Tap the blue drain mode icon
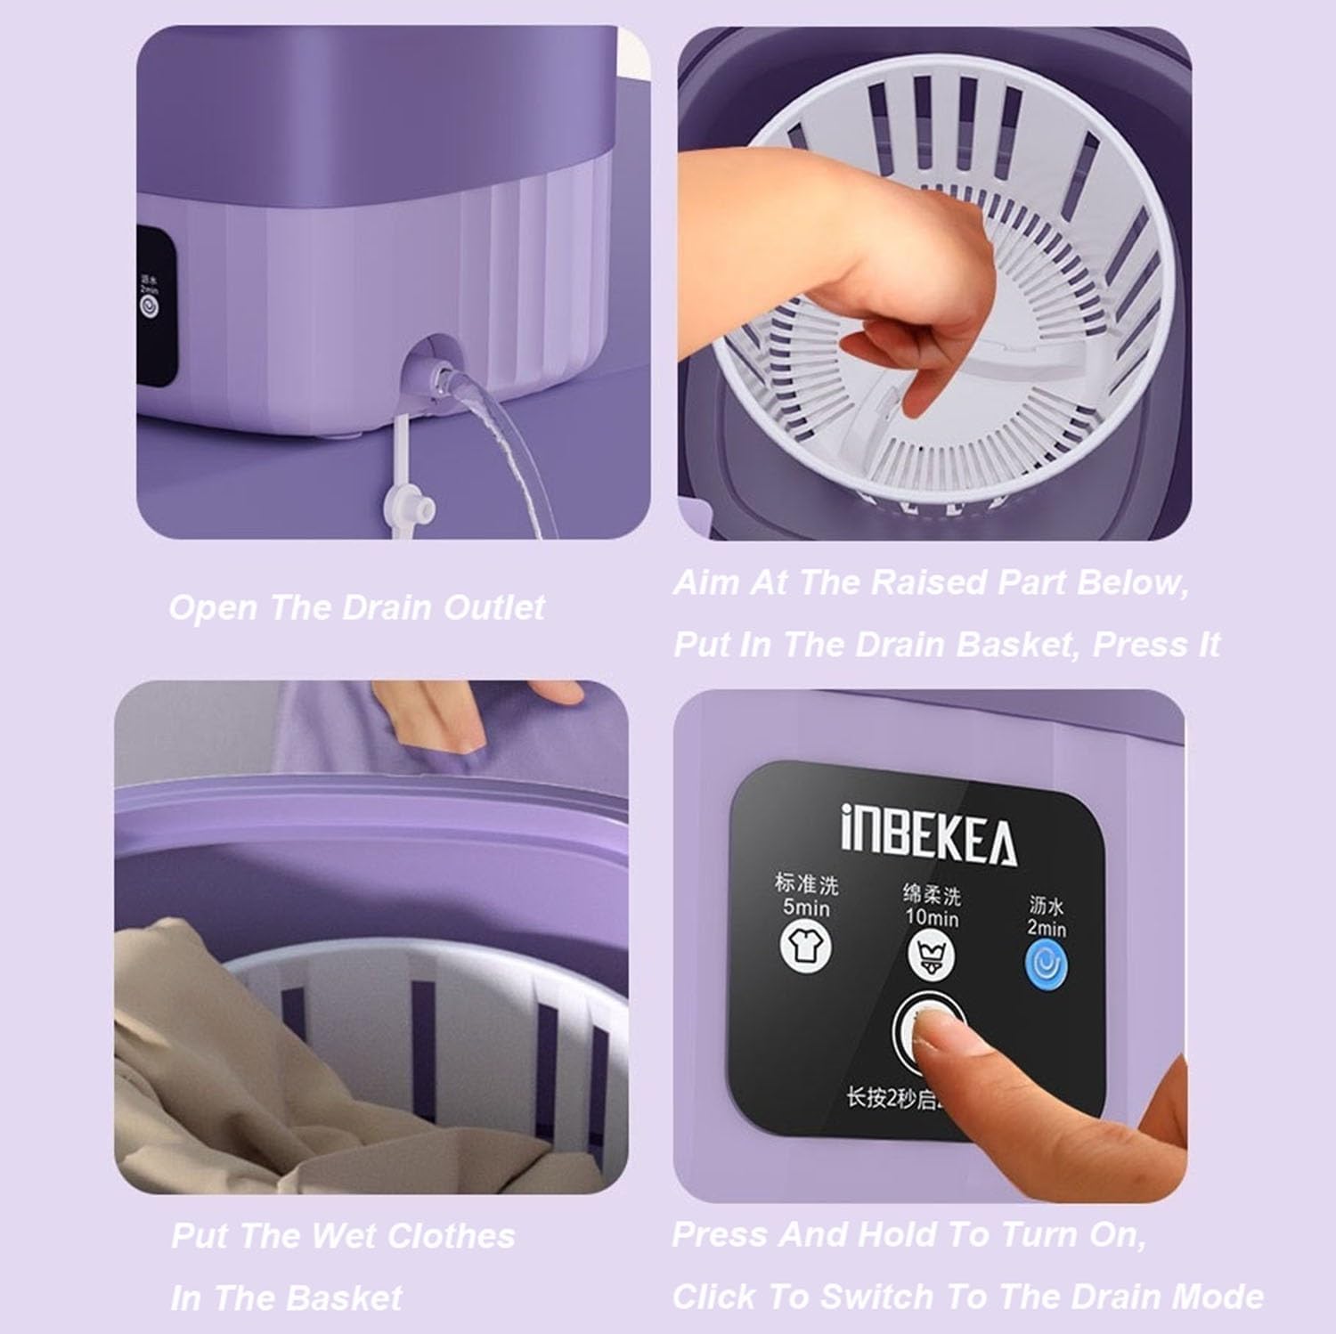(1046, 967)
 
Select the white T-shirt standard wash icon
(805, 945)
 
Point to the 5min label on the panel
(806, 907)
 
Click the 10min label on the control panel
(932, 917)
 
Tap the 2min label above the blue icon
(1046, 928)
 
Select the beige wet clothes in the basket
(232, 1069)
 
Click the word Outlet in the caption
(493, 608)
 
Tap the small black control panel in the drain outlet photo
(155, 307)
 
